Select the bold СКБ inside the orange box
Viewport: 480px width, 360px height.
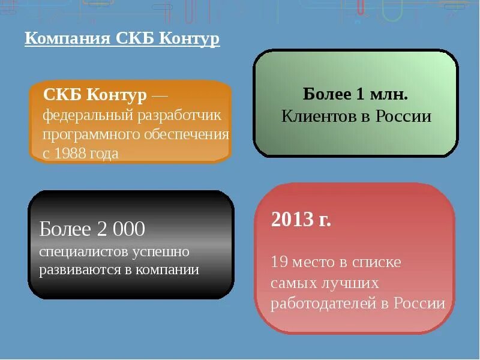[x=62, y=95]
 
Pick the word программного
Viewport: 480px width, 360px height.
[x=91, y=133]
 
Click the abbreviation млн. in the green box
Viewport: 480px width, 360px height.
[x=389, y=94]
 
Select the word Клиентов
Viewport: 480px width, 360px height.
[x=319, y=116]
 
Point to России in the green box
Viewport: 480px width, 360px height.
[x=404, y=116]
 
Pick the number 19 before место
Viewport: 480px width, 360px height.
[x=279, y=262]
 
